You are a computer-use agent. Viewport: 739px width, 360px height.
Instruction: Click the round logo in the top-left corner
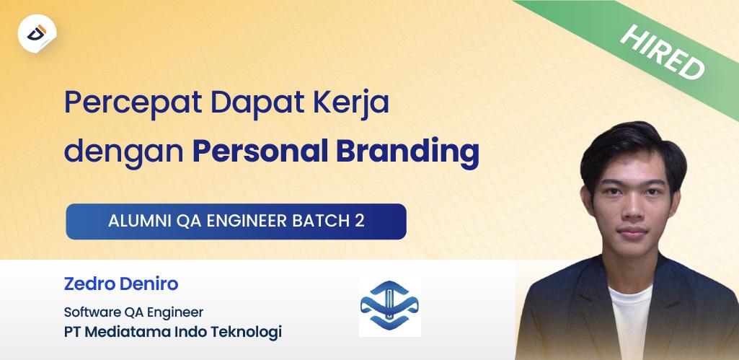[37, 32]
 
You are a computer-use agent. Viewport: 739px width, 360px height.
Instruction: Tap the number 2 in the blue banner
[359, 221]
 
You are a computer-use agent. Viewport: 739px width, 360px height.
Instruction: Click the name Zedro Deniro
[121, 284]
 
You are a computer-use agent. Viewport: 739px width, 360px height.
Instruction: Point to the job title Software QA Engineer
[133, 312]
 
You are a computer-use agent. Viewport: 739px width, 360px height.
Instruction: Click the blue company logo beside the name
[389, 305]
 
